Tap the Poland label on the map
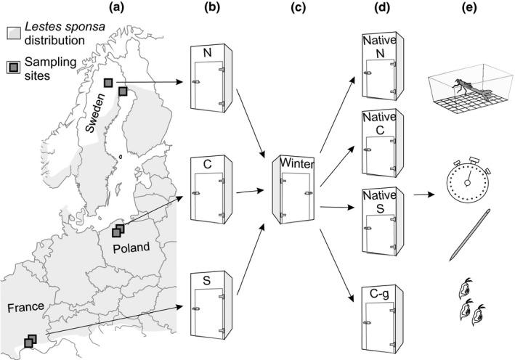coord(131,247)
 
